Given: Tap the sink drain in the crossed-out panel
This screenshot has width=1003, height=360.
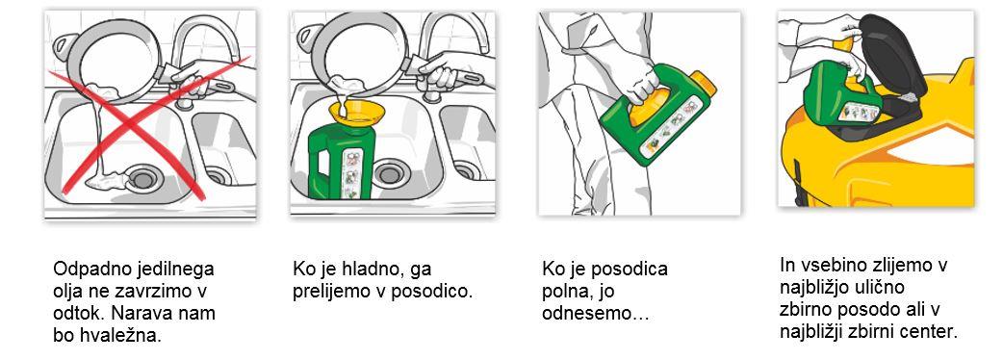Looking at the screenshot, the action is [x=141, y=179].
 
